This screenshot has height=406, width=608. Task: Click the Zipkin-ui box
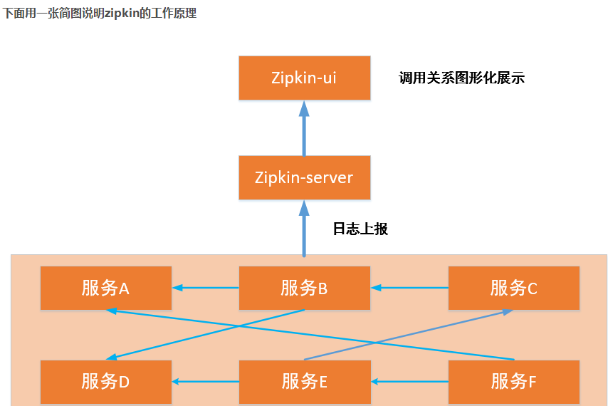tap(304, 78)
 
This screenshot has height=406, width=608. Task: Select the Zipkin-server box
tap(304, 177)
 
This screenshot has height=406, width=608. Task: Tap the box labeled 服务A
tap(105, 288)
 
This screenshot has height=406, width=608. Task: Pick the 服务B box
tap(304, 288)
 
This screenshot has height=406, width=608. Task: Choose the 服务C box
tap(513, 288)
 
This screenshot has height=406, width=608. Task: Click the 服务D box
tap(105, 382)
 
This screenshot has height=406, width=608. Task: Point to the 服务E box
tap(304, 382)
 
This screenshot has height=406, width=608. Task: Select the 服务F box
tap(513, 382)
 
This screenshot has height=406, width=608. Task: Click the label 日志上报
tap(360, 229)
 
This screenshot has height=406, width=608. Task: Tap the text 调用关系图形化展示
tap(461, 78)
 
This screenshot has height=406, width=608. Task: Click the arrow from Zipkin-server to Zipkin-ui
tap(304, 132)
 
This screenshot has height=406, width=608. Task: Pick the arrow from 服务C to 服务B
tap(409, 288)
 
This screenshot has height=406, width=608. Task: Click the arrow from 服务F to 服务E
tap(409, 382)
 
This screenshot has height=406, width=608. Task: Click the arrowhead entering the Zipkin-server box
tap(304, 207)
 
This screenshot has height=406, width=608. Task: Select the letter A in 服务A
tap(124, 288)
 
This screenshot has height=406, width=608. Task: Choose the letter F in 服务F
tap(532, 382)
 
